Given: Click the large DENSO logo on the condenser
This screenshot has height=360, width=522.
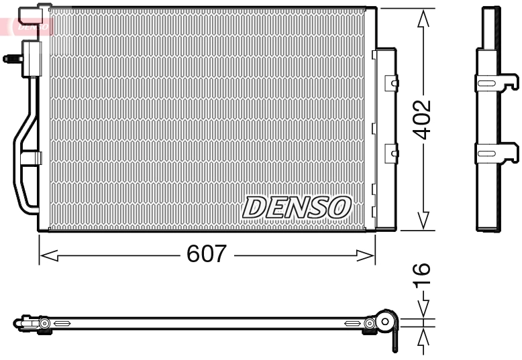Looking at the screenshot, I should (x=296, y=206).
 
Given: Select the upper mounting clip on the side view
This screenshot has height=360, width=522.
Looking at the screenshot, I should (x=497, y=82).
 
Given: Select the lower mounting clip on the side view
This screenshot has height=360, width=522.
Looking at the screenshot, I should (x=497, y=154).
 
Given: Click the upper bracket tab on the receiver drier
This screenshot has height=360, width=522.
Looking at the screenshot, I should (x=391, y=82).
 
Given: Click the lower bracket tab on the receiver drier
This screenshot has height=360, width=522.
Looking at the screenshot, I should (x=391, y=154).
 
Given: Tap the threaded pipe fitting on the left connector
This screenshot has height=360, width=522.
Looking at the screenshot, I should (x=11, y=58).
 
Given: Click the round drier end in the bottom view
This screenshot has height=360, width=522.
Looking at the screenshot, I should (x=385, y=322).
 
